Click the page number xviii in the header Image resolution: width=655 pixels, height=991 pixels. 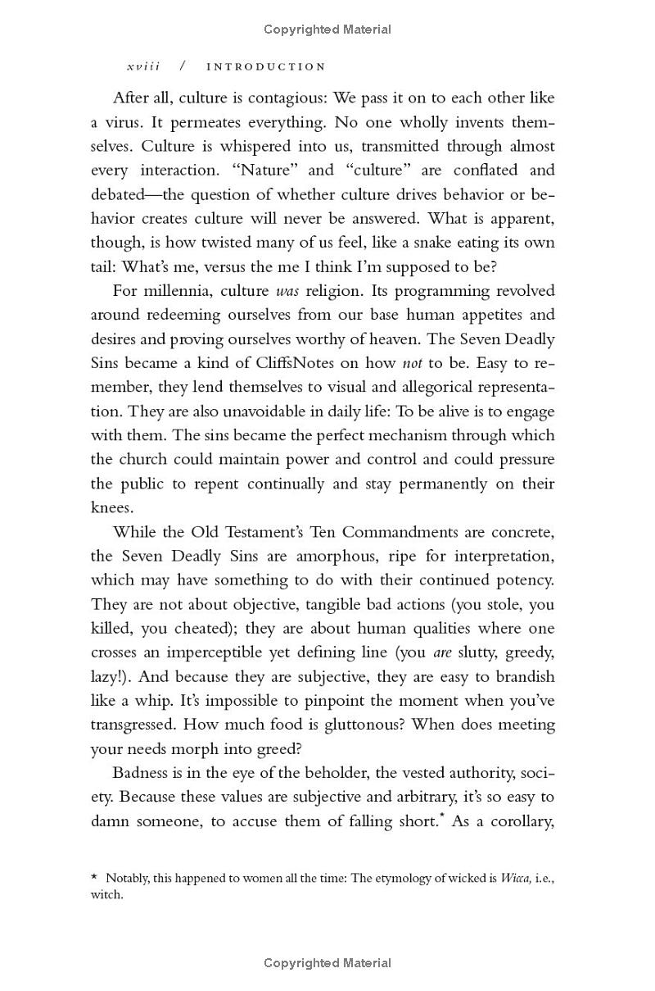[x=143, y=66]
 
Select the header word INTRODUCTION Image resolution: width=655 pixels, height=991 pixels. [x=266, y=66]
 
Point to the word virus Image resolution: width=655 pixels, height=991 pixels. [x=123, y=122]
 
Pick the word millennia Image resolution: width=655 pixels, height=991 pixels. [x=189, y=291]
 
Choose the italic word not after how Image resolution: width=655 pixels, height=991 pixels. [x=413, y=363]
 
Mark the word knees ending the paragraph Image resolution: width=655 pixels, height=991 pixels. [x=111, y=508]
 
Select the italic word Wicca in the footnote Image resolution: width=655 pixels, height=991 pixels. [x=515, y=879]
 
